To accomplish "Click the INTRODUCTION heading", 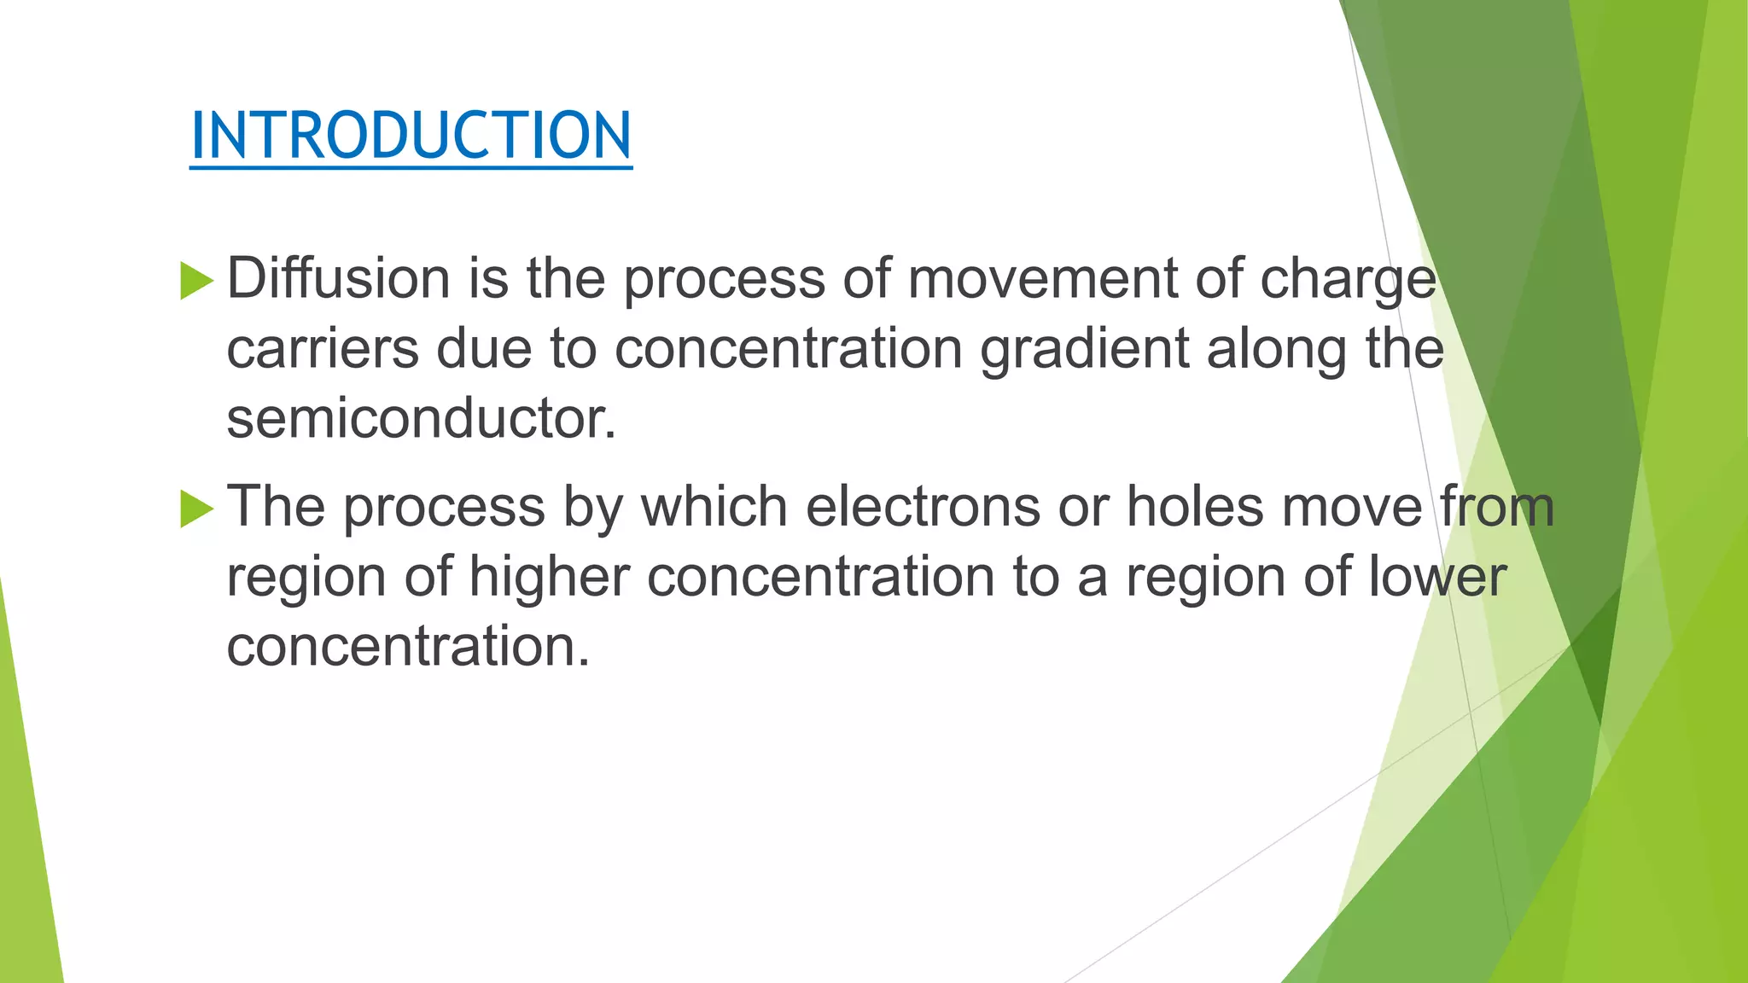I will tap(411, 136).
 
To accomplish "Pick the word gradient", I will tap(1084, 350).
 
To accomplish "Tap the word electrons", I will tap(923, 506).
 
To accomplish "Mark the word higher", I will tap(550, 577).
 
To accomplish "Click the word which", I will tap(714, 506).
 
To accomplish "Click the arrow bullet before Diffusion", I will tap(196, 281).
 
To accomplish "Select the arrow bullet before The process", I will tap(196, 509).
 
